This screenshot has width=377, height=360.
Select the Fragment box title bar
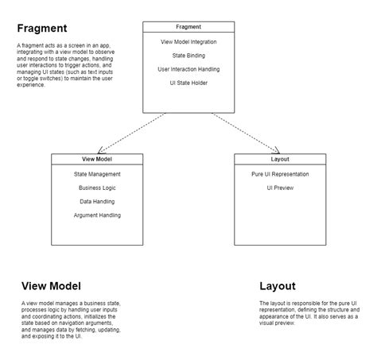coord(188,27)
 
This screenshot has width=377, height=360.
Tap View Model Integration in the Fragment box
coord(188,41)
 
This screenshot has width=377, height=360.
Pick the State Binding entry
coord(188,56)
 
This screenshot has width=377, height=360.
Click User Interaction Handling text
coord(188,69)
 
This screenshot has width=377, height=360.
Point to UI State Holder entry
coord(188,83)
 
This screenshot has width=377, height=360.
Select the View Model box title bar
coord(97,159)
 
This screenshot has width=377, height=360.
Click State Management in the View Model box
coord(97,174)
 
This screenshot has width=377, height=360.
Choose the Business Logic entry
coord(97,188)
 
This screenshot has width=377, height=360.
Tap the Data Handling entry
coord(97,202)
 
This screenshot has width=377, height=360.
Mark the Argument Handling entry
coord(97,215)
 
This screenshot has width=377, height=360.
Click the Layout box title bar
coord(280,159)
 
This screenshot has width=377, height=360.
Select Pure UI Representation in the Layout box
coord(280,174)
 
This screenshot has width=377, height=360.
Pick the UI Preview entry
coord(280,188)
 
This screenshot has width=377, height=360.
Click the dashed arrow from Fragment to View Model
coord(131,133)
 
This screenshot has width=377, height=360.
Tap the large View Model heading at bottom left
coord(51,286)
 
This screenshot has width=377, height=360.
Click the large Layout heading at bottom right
coord(277,286)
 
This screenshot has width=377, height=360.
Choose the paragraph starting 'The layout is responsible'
coord(306,313)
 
